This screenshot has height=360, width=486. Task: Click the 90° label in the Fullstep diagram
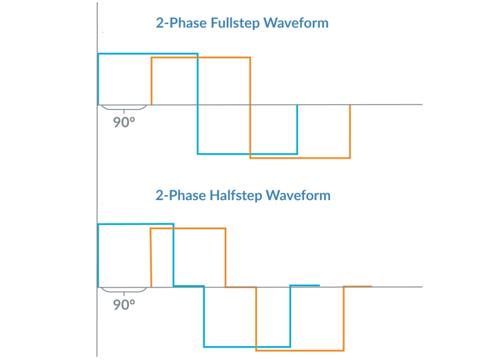click(x=124, y=123)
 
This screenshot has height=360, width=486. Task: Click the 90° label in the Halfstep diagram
click(x=124, y=304)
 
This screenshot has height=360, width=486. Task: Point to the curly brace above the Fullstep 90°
click(x=124, y=108)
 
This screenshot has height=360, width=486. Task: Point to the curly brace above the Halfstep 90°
click(x=124, y=290)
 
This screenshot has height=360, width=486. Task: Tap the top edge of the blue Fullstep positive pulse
click(x=148, y=54)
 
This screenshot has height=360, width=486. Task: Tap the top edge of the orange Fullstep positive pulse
click(x=201, y=58)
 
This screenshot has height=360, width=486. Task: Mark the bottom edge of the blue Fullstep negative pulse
click(x=247, y=153)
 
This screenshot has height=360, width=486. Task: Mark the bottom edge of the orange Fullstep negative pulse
click(x=300, y=158)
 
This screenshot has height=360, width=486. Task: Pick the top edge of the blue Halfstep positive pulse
click(x=136, y=224)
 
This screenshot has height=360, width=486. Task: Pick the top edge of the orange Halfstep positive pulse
click(x=188, y=228)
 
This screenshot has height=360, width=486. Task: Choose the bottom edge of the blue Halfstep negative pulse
click(x=247, y=346)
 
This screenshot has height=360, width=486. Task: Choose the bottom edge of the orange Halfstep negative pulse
click(x=300, y=350)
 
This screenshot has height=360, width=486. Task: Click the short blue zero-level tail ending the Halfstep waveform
click(x=305, y=285)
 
